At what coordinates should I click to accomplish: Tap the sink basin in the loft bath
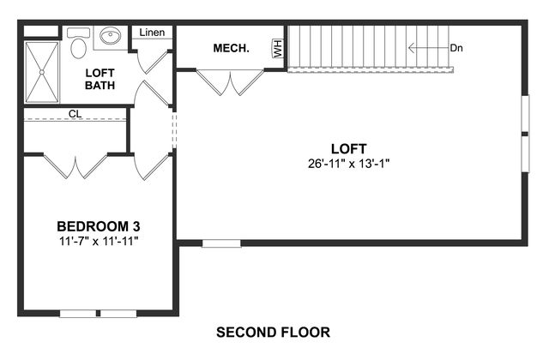point(111,36)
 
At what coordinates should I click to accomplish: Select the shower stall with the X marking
point(42,72)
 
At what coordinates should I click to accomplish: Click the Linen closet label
point(152,33)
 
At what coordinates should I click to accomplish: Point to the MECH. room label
point(232,48)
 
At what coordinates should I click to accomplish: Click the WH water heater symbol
point(278,48)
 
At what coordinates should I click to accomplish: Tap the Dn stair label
point(456,48)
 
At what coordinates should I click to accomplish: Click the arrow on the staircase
point(429,48)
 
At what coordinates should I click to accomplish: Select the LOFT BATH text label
point(100,79)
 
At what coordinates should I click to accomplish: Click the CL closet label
point(75,114)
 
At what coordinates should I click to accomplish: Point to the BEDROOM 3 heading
point(99,226)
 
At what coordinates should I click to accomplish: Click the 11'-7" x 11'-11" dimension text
point(99,241)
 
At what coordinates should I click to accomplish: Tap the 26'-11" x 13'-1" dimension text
point(349,164)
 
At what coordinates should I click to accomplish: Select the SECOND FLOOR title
point(273,332)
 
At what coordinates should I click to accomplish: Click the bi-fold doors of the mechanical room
point(230,82)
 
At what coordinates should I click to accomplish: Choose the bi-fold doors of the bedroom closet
point(75,166)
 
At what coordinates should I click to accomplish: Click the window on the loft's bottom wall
point(221,243)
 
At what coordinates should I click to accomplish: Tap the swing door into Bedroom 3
point(153,167)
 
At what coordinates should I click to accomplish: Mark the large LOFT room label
point(349,149)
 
